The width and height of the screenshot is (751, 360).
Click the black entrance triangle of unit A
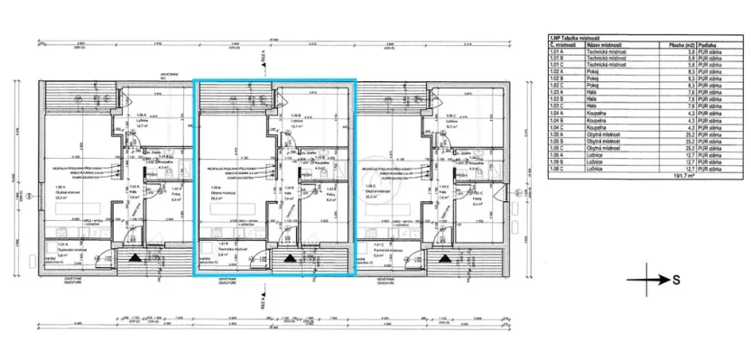[134, 258]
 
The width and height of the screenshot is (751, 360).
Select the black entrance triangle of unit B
[291, 258]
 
